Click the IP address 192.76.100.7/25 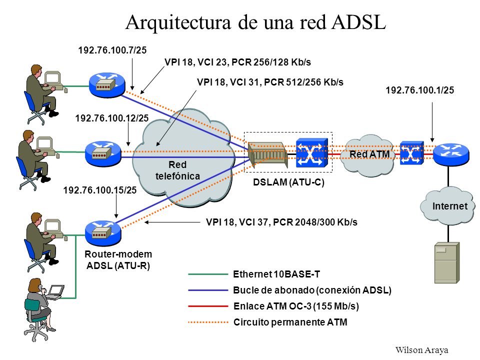[112, 50]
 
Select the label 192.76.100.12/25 [112, 118]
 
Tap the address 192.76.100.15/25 [100, 190]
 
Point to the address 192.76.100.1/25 [419, 90]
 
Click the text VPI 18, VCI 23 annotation [196, 62]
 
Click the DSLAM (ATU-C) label [288, 182]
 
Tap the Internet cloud [447, 205]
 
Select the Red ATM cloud [369, 155]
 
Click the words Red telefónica [177, 170]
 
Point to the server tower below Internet [447, 262]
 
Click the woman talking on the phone [39, 309]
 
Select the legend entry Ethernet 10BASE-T [276, 274]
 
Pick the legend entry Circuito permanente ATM [290, 322]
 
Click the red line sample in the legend [208, 306]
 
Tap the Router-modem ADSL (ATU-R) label [118, 259]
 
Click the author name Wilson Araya [422, 350]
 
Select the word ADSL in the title [358, 22]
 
